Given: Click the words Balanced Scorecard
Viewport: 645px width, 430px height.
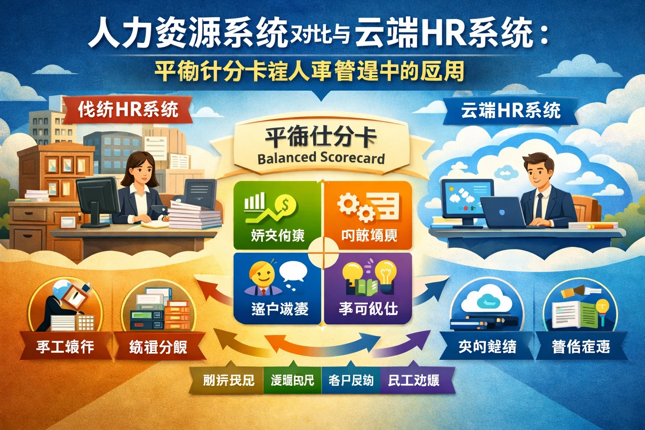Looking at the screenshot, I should pyautogui.click(x=321, y=158).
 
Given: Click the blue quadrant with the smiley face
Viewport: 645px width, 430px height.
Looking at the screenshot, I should pyautogui.click(x=277, y=288).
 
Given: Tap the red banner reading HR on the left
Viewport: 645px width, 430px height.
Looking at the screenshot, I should pyautogui.click(x=128, y=110).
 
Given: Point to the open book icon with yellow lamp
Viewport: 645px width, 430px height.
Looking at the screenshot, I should pyautogui.click(x=579, y=311).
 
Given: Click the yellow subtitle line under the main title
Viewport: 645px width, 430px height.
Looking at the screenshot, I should pyautogui.click(x=310, y=72).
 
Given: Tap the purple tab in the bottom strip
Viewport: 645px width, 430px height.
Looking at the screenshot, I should pyautogui.click(x=414, y=380).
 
